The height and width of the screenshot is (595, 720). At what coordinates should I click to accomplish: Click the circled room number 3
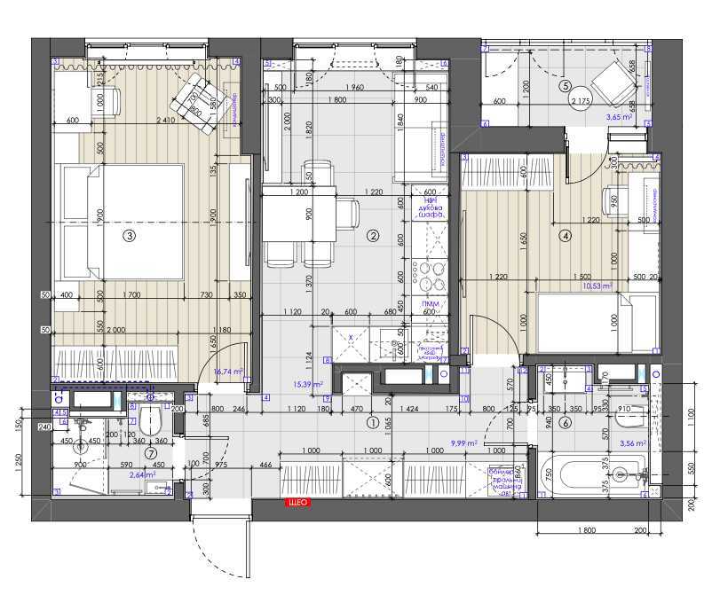click(x=129, y=236)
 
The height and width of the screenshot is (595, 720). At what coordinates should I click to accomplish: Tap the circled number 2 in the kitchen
click(x=374, y=236)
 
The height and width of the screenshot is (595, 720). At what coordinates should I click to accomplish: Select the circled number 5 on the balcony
click(x=565, y=87)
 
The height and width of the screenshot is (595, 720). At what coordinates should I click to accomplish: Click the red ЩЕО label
click(x=297, y=503)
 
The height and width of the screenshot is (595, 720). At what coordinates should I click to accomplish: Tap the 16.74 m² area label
click(x=231, y=373)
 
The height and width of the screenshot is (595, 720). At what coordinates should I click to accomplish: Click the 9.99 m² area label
click(x=464, y=442)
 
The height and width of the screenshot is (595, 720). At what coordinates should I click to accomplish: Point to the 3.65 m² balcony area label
click(x=617, y=116)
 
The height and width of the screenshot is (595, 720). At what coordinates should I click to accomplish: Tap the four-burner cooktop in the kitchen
click(x=430, y=276)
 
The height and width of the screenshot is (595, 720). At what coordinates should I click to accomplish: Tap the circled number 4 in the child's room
click(x=564, y=236)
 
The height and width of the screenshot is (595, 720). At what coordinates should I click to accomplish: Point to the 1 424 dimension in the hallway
click(x=409, y=411)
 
